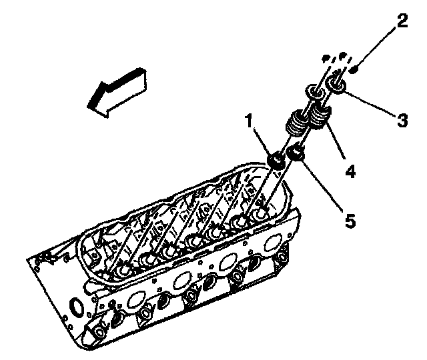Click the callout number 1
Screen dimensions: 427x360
click(x=248, y=121)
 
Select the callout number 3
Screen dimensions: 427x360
click(x=402, y=120)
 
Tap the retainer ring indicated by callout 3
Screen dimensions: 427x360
click(x=336, y=85)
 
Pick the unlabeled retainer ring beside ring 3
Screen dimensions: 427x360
click(x=314, y=92)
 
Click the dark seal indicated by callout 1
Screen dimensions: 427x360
click(x=274, y=161)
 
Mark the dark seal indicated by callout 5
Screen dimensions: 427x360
click(x=296, y=154)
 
